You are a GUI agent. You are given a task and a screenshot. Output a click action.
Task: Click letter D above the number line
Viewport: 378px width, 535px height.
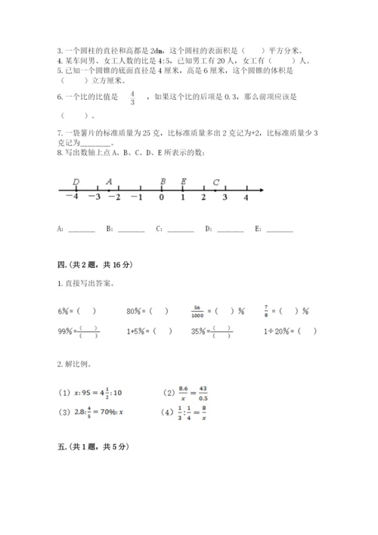click(x=76, y=182)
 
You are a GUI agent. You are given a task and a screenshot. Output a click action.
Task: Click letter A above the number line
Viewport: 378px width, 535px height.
click(x=109, y=182)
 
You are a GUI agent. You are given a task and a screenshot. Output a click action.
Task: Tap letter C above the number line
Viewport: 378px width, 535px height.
click(x=216, y=182)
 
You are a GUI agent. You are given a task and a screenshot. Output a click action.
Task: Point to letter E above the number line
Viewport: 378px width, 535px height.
click(x=184, y=182)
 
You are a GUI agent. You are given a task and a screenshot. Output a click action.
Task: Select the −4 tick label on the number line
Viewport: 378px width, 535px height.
click(x=72, y=197)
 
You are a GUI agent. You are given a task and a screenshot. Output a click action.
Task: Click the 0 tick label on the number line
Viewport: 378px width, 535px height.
click(x=161, y=197)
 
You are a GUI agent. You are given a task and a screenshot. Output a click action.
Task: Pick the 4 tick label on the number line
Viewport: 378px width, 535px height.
click(x=246, y=197)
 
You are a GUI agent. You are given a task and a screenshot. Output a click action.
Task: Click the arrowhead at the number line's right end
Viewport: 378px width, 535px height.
click(x=261, y=189)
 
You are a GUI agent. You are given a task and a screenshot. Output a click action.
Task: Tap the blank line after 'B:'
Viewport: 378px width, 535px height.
click(x=132, y=229)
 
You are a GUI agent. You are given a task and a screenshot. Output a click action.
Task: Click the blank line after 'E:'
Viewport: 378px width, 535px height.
click(x=279, y=229)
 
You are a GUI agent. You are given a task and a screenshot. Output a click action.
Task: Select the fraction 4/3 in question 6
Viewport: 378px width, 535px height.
click(x=132, y=98)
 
